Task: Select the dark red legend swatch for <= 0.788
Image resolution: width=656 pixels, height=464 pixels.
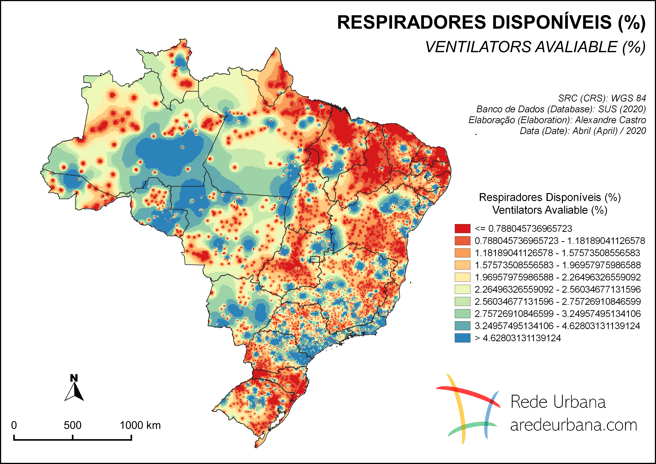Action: (462, 229)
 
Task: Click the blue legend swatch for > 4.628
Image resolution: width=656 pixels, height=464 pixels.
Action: (462, 338)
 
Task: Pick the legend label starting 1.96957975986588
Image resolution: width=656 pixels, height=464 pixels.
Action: (557, 277)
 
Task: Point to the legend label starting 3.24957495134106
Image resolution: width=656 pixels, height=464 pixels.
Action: (557, 326)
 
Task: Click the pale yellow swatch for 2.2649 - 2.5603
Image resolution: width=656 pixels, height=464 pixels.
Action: (462, 289)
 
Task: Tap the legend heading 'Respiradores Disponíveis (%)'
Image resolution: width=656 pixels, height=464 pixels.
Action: (550, 197)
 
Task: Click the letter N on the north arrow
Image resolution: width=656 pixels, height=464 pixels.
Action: (74, 378)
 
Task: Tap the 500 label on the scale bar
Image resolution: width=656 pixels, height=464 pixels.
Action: (73, 425)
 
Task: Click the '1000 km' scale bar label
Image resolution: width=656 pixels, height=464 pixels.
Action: (140, 425)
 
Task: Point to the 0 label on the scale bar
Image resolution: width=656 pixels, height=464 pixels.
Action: (14, 425)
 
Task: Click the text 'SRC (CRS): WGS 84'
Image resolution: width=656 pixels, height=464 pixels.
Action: (602, 98)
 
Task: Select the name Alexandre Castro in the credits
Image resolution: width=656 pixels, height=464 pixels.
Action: (610, 120)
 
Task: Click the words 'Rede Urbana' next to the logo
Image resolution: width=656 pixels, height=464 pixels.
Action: (558, 402)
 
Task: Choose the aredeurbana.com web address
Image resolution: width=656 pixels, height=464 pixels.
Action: (574, 425)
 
